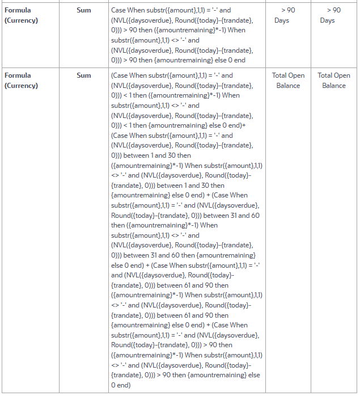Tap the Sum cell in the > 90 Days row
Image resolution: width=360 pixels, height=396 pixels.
(83, 10)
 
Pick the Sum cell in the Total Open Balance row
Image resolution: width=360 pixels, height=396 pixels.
(83, 75)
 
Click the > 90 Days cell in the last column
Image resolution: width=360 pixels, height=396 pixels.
(334, 15)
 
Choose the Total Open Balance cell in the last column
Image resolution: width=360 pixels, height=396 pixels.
(334, 80)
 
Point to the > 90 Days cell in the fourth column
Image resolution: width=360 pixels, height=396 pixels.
(289, 15)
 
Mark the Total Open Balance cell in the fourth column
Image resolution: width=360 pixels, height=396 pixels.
(289, 80)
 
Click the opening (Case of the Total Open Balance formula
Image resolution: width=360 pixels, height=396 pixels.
(121, 75)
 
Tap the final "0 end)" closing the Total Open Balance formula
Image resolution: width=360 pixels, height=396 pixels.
(121, 385)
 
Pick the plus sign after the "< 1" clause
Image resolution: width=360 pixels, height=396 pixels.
(244, 125)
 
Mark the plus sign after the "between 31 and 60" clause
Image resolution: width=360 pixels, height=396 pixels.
(147, 265)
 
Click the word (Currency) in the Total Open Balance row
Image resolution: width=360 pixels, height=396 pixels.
(21, 85)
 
